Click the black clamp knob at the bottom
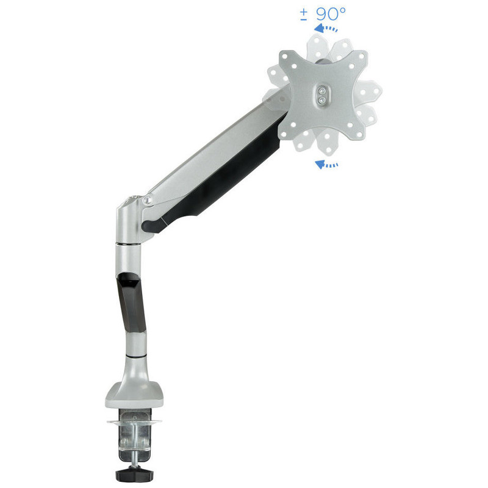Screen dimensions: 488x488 pyautogui.click(x=135, y=475)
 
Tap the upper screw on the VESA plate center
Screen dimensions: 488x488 pyautogui.click(x=323, y=91)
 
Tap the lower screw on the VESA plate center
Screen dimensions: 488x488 pyautogui.click(x=323, y=100)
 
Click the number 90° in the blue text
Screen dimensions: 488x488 pyautogui.click(x=331, y=13)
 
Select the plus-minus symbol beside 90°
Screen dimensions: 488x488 pyautogui.click(x=304, y=15)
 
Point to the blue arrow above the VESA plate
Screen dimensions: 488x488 pyautogui.click(x=326, y=29)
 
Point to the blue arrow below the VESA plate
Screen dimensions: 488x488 pyautogui.click(x=326, y=164)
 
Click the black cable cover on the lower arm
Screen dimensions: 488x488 pyautogui.click(x=132, y=302)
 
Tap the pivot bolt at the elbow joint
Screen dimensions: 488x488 pyautogui.click(x=148, y=199)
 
